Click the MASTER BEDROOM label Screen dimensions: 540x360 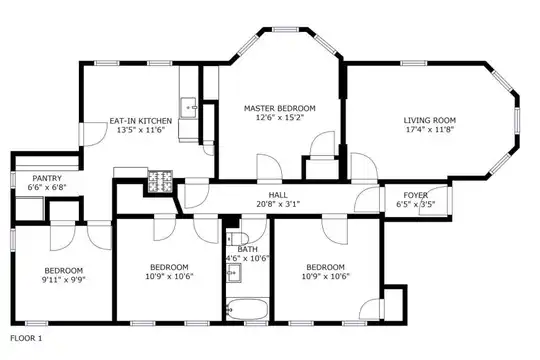(280, 109)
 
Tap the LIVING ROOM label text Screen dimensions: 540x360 (430, 121)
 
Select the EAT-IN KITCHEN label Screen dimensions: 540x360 (141, 121)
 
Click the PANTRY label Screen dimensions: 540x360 (47, 178)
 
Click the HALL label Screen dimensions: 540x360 (278, 195)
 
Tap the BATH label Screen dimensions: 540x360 (247, 249)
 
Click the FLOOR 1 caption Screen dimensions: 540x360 (26, 338)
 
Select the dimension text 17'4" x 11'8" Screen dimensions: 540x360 (430, 130)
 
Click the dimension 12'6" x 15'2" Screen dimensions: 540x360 (280, 117)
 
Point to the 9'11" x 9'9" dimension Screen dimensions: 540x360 (63, 279)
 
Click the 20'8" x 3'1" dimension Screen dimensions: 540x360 (278, 204)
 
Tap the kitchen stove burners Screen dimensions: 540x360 (160, 182)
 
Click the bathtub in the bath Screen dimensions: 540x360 (247, 309)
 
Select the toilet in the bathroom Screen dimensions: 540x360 (238, 238)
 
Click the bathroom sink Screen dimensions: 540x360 (234, 273)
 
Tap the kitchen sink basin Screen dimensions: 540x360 (188, 107)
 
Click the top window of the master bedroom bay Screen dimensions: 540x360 (286, 30)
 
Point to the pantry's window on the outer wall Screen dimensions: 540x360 (13, 180)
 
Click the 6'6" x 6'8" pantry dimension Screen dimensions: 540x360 (47, 187)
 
